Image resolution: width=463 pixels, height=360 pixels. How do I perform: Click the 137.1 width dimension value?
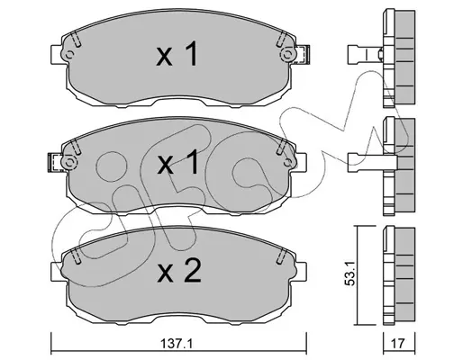point(177,344)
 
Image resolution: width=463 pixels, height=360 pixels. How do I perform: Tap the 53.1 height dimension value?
point(351,273)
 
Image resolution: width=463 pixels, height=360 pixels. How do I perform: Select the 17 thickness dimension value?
point(399,344)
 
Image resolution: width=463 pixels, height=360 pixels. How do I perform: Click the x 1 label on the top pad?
point(177,54)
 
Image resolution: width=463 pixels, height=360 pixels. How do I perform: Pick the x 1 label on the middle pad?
point(177,162)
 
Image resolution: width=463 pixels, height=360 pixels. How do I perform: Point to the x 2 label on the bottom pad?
point(179,272)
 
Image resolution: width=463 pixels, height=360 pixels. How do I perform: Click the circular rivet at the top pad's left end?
point(69,55)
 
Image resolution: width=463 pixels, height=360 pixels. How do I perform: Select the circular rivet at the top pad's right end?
point(287,55)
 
